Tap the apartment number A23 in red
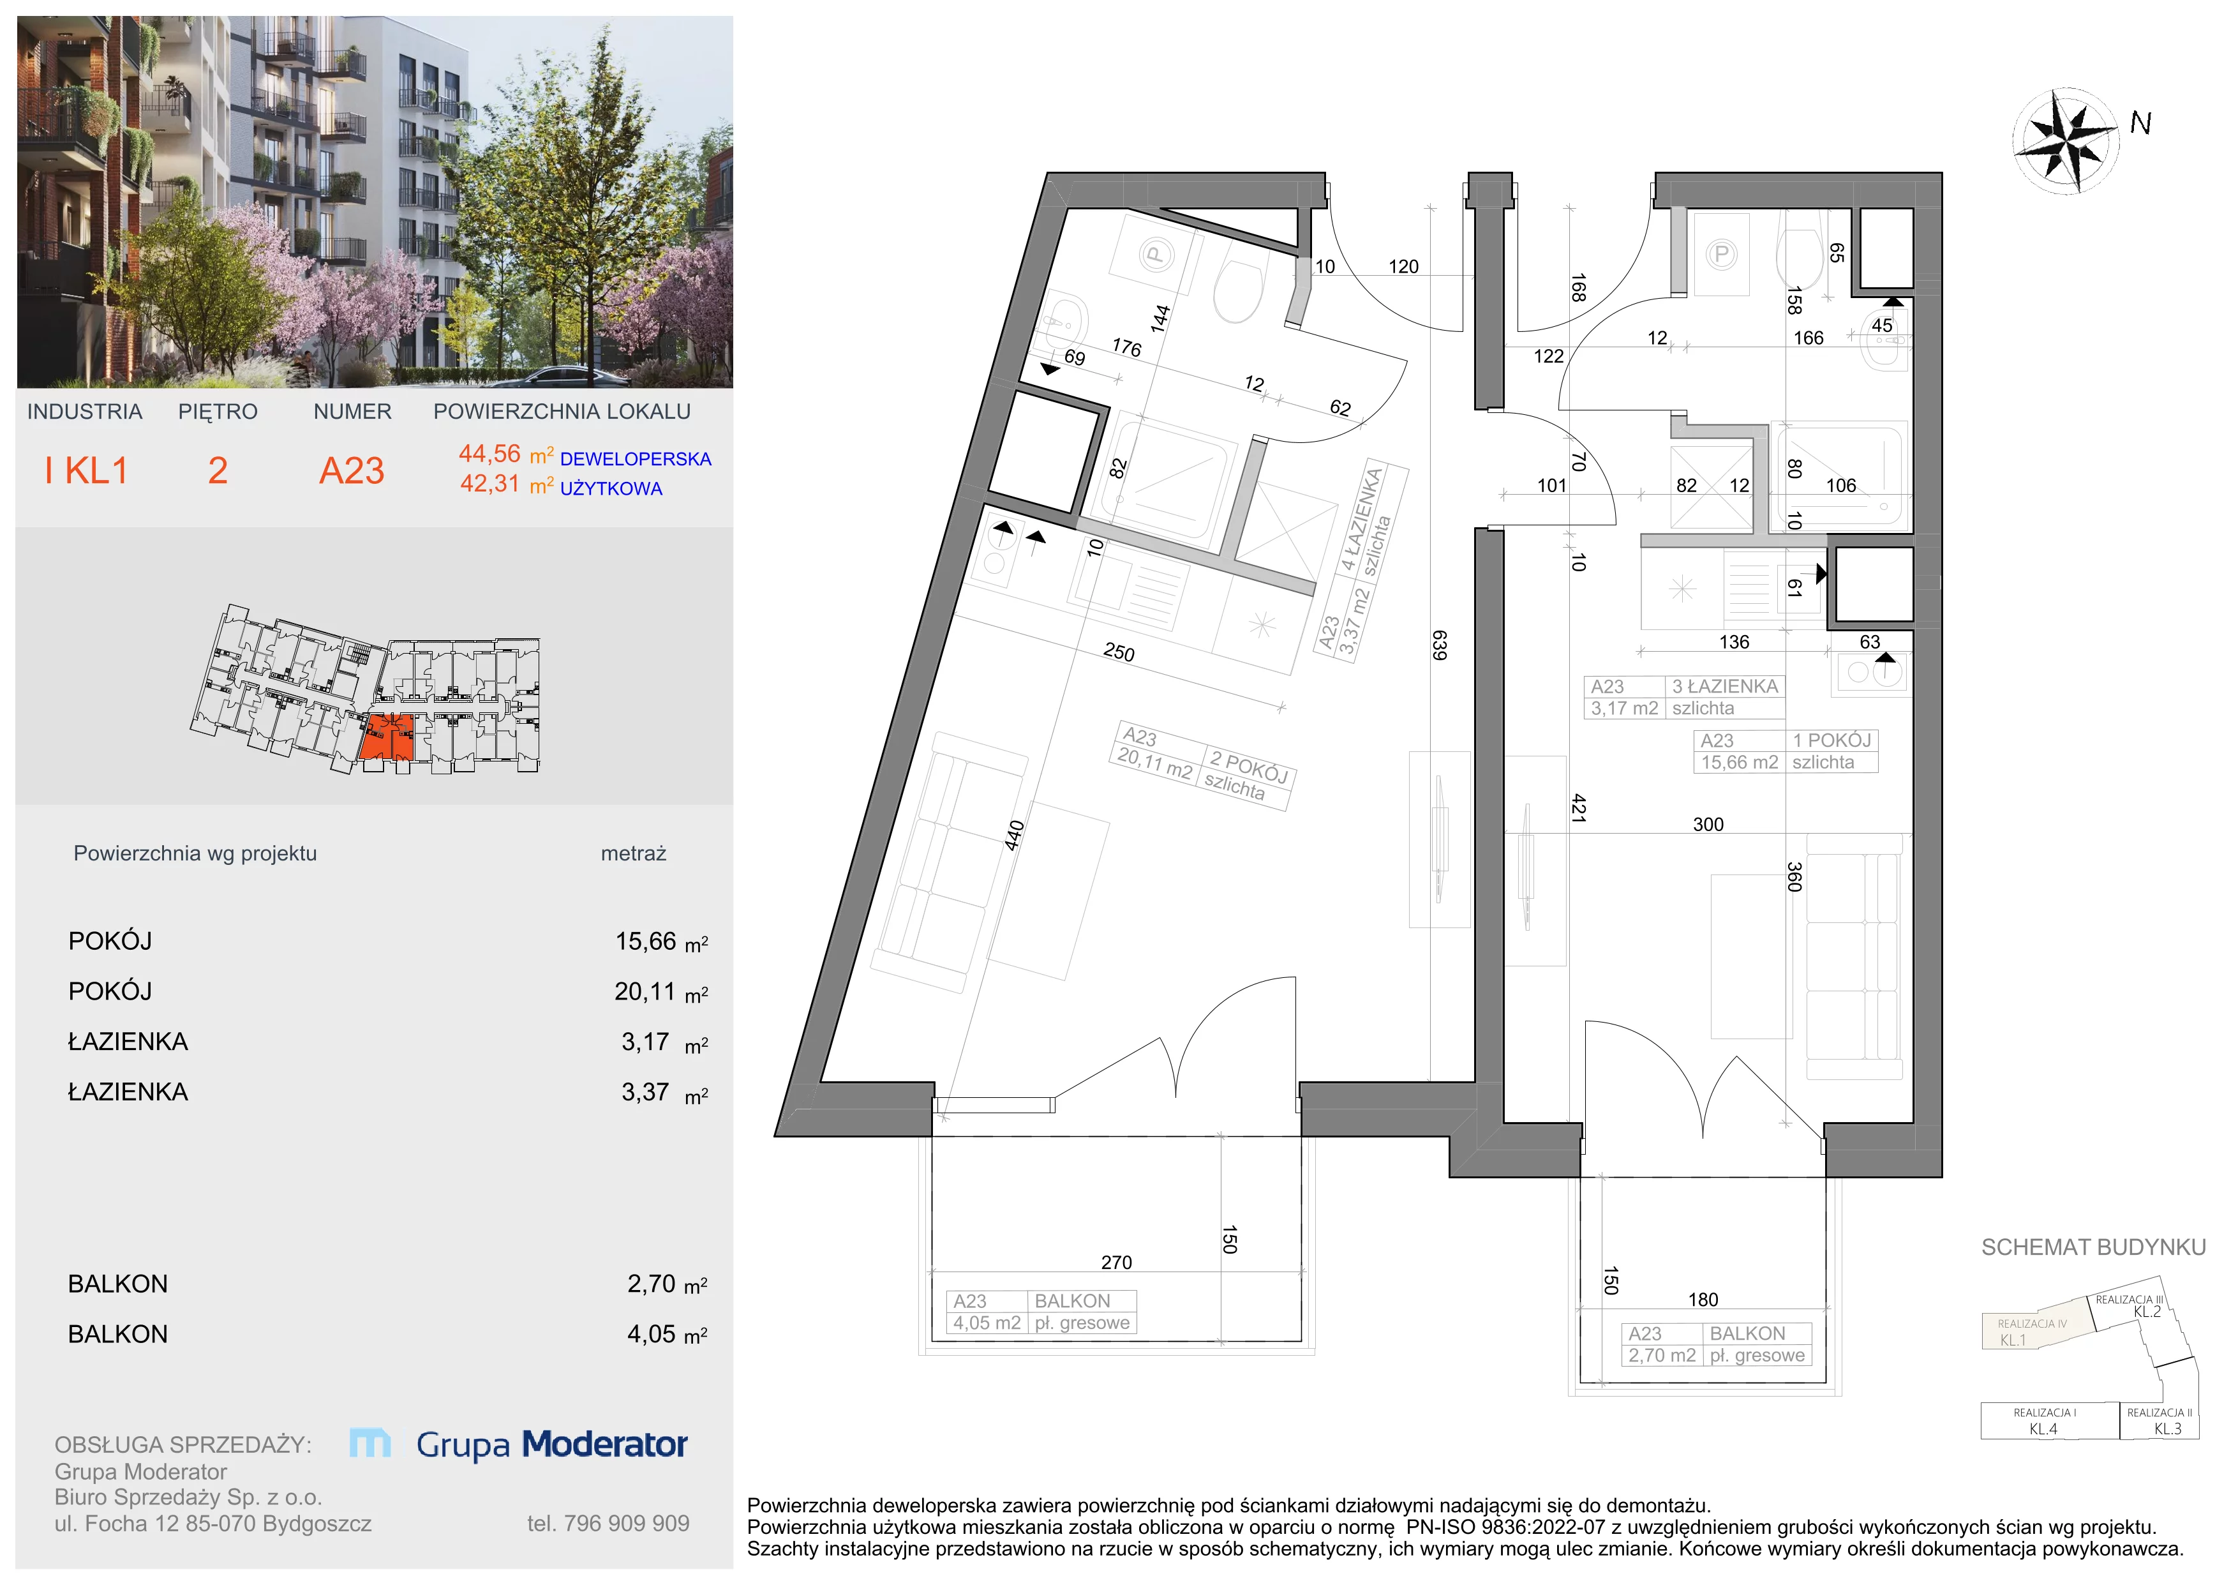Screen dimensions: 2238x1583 coord(352,471)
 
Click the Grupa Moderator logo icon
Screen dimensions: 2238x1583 coord(370,1443)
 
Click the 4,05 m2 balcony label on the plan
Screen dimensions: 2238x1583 coord(987,1323)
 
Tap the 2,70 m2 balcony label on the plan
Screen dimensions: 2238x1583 coord(1662,1355)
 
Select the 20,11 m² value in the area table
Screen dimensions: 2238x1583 coord(645,991)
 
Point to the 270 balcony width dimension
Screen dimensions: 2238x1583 coord(1116,1263)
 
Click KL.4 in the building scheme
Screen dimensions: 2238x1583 coord(2043,1429)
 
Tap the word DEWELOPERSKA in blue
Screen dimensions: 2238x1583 coord(636,459)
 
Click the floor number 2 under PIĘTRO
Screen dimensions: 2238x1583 coord(218,471)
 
